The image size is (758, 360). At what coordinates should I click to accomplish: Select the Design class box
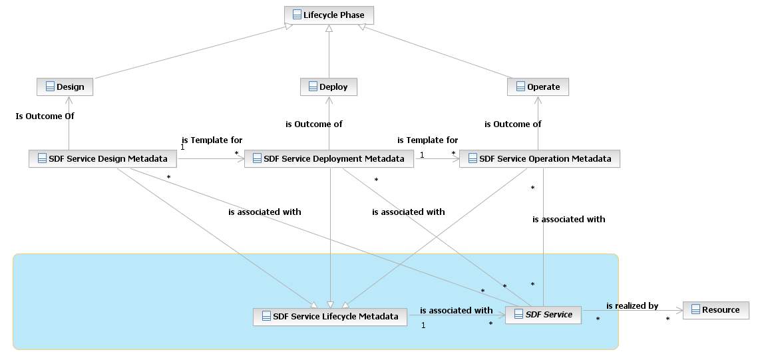[65, 87]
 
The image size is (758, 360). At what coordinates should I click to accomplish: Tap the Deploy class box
[329, 87]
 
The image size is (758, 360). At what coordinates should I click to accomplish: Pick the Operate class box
[538, 87]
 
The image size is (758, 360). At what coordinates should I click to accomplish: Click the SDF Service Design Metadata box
[102, 158]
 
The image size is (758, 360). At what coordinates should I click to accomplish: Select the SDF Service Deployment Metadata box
[329, 158]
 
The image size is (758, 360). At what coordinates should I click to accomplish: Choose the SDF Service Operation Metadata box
[540, 158]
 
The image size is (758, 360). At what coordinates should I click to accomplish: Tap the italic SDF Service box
[543, 314]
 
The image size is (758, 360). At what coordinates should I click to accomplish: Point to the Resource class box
[715, 309]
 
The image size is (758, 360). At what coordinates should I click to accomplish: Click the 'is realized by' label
[632, 305]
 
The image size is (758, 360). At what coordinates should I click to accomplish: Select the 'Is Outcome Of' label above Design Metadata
[45, 116]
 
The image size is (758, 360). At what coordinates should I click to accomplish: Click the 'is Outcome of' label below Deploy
[314, 124]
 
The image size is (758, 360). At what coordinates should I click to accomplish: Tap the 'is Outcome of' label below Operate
[512, 124]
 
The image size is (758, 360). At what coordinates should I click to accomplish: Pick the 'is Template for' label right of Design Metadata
[212, 140]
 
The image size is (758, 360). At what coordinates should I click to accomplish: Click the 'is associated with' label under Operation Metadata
[569, 218]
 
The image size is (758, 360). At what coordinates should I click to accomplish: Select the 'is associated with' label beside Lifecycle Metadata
[456, 310]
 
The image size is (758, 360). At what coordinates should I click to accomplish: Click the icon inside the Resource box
[695, 309]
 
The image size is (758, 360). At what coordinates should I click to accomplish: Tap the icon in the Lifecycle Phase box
[297, 14]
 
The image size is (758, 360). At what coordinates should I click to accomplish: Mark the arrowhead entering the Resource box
[679, 309]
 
